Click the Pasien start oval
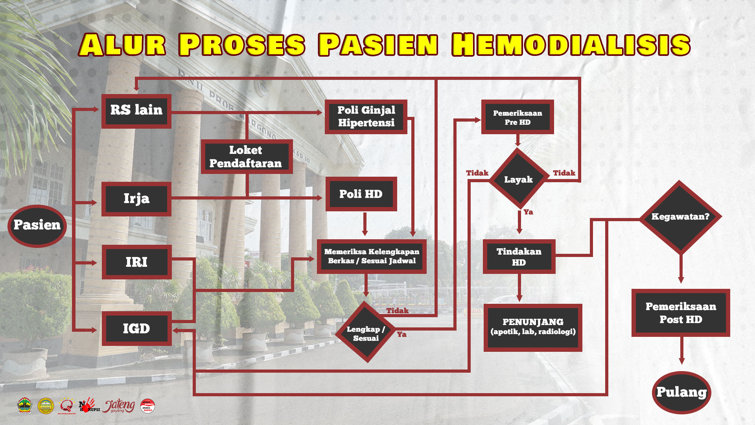pyautogui.click(x=37, y=226)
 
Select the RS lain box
pyautogui.click(x=136, y=111)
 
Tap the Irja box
pyautogui.click(x=136, y=199)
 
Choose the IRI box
pyautogui.click(x=136, y=262)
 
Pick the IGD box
pyautogui.click(x=136, y=329)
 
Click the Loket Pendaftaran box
pyautogui.click(x=247, y=157)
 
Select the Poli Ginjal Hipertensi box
pyautogui.click(x=366, y=117)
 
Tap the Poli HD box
pyautogui.click(x=361, y=194)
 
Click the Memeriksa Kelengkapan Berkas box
pyautogui.click(x=372, y=257)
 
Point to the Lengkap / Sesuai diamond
pyautogui.click(x=366, y=333)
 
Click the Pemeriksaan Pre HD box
pyautogui.click(x=517, y=117)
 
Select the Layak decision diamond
pyautogui.click(x=519, y=179)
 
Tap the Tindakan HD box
pyautogui.click(x=519, y=257)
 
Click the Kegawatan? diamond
pyautogui.click(x=680, y=217)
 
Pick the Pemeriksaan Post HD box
pyautogui.click(x=681, y=313)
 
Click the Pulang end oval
pyautogui.click(x=681, y=392)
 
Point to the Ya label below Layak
pyautogui.click(x=528, y=213)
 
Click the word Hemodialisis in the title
pyautogui.click(x=571, y=45)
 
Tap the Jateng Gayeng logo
pyautogui.click(x=119, y=406)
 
